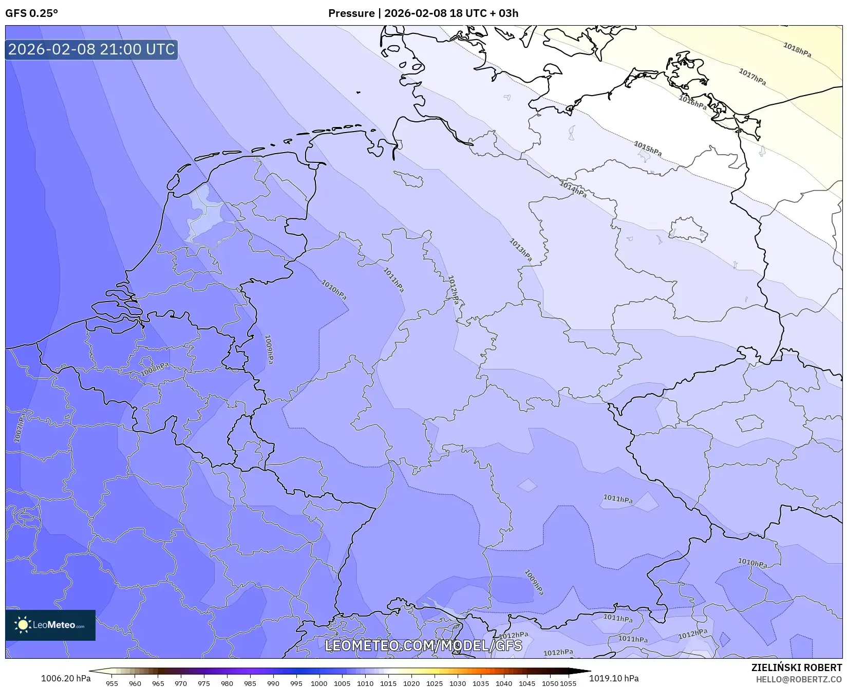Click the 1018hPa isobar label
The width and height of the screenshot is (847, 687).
click(x=797, y=50)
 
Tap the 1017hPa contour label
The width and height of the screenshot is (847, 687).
click(x=752, y=77)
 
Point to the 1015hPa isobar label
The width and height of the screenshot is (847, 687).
click(x=647, y=149)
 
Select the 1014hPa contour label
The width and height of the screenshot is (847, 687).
click(x=573, y=189)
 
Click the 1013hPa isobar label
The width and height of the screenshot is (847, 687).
click(x=520, y=250)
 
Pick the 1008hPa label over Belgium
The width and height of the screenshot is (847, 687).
click(x=155, y=368)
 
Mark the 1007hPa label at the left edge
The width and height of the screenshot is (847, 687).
click(x=19, y=429)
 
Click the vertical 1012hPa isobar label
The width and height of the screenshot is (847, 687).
click(x=453, y=290)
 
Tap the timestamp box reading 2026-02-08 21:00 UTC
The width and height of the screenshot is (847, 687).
click(x=91, y=49)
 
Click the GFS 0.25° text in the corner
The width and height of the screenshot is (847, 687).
click(x=31, y=13)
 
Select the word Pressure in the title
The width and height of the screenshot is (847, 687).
click(x=351, y=13)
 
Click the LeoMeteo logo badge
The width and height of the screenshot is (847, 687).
click(x=50, y=625)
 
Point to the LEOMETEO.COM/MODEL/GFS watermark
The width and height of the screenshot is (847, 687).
click(x=423, y=645)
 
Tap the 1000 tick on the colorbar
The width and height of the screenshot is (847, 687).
click(x=318, y=683)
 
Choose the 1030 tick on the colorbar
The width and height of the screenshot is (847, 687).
click(x=457, y=683)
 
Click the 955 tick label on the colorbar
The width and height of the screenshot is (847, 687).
click(x=111, y=683)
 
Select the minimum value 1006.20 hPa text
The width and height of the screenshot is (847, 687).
click(x=65, y=678)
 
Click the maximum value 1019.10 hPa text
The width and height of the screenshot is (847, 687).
click(x=613, y=678)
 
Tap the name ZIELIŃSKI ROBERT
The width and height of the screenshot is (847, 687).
click(x=796, y=668)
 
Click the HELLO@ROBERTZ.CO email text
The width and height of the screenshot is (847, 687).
click(x=799, y=679)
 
